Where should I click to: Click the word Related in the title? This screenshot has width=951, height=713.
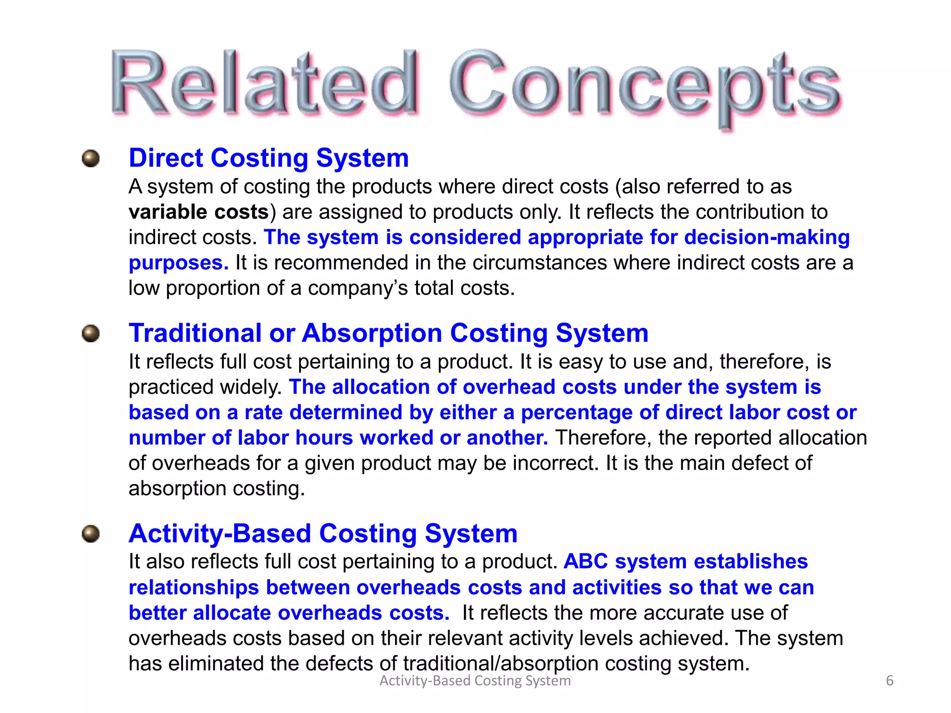click(265, 84)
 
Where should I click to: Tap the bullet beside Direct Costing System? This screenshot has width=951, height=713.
click(91, 158)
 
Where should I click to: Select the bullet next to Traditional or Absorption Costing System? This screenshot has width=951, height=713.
click(91, 333)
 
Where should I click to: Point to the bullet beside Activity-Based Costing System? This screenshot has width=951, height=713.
click(91, 534)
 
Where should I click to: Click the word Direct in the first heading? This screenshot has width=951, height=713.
click(166, 158)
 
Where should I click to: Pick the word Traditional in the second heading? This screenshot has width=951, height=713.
click(195, 333)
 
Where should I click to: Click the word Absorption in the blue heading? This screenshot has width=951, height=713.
click(372, 333)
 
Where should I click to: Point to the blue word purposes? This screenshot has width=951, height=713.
click(178, 263)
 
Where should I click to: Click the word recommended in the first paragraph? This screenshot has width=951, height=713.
click(341, 263)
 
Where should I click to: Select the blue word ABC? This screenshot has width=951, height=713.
click(586, 562)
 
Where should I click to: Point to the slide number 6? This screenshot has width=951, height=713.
click(889, 681)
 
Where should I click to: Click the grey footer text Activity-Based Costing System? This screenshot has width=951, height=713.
click(475, 681)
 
